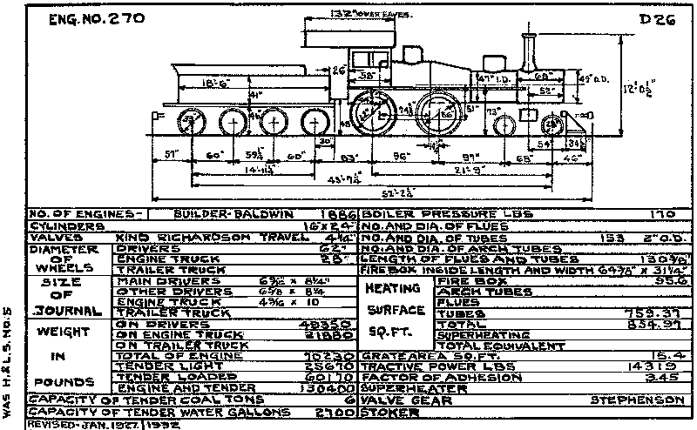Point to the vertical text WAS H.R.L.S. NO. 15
(9, 358)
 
